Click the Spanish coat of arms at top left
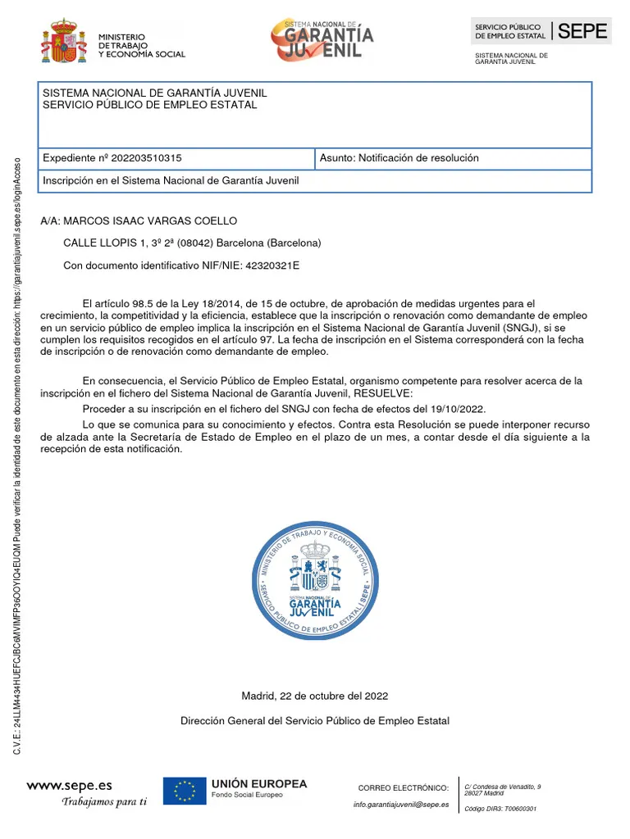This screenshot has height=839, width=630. point(63,42)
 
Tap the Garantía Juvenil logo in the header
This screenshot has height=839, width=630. point(322,39)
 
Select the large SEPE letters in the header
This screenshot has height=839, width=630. point(583,32)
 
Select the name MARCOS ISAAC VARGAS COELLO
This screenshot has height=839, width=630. point(150,221)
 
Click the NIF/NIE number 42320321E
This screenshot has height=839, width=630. point(272,265)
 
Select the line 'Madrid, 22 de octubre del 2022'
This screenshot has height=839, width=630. point(315,696)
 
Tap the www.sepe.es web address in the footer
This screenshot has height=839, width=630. point(70,785)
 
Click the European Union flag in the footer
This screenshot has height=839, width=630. point(184,791)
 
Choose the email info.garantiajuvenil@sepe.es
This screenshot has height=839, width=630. point(401,805)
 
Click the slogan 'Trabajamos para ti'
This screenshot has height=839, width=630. point(104,802)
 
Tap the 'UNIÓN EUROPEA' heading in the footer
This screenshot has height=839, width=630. point(259,784)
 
